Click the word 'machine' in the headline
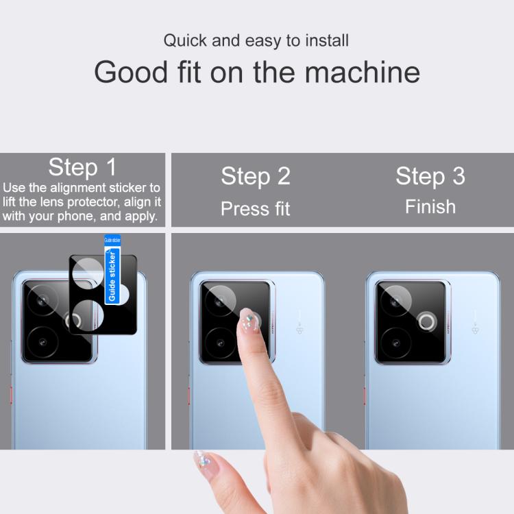point(363,72)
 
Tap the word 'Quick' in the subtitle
point(185,40)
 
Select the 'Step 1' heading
point(82,167)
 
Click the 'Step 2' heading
point(256,176)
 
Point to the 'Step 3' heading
point(430,176)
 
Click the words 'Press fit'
point(256,208)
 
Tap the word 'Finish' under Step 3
point(430,207)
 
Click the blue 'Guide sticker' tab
point(112,269)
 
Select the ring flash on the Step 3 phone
point(427,321)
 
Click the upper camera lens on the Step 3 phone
point(396,301)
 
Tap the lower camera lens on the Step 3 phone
point(396,343)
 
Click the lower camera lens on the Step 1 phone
point(42,343)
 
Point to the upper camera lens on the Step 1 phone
point(42,300)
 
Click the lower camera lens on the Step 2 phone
point(220,343)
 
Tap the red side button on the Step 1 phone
point(11,395)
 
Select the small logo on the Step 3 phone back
point(475,329)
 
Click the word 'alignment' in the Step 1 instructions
point(78,188)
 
